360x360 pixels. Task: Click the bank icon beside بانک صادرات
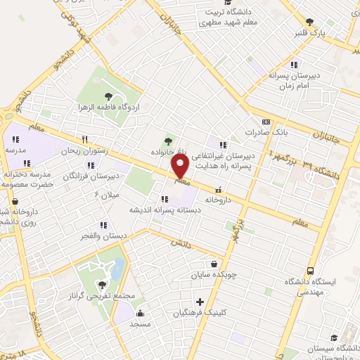coord(266,121)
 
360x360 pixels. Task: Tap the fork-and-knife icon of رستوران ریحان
coord(84,139)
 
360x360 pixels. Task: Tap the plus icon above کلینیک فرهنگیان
coord(200,301)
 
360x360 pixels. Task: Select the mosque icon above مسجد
coord(140,314)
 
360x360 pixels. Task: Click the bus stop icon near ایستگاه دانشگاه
coord(310,271)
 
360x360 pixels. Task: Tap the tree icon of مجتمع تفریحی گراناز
coord(102,285)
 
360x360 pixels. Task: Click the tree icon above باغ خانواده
coord(167,140)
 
